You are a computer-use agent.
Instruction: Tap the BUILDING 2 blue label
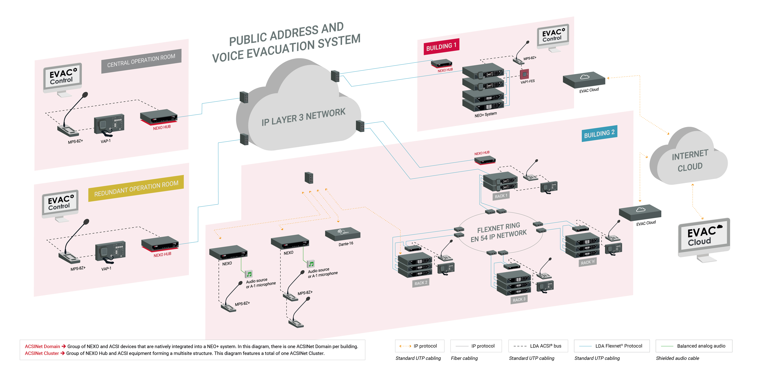pyautogui.click(x=599, y=134)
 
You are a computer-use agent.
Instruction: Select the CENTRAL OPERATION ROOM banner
pyautogui.click(x=141, y=61)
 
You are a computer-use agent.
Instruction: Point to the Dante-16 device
pyautogui.click(x=343, y=234)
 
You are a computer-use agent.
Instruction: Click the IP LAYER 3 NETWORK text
pyautogui.click(x=303, y=117)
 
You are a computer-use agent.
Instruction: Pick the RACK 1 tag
pyautogui.click(x=501, y=196)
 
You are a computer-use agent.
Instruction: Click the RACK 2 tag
pyautogui.click(x=421, y=283)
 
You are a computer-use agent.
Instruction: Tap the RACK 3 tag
pyautogui.click(x=519, y=299)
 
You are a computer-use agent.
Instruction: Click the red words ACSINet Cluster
pyautogui.click(x=42, y=353)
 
